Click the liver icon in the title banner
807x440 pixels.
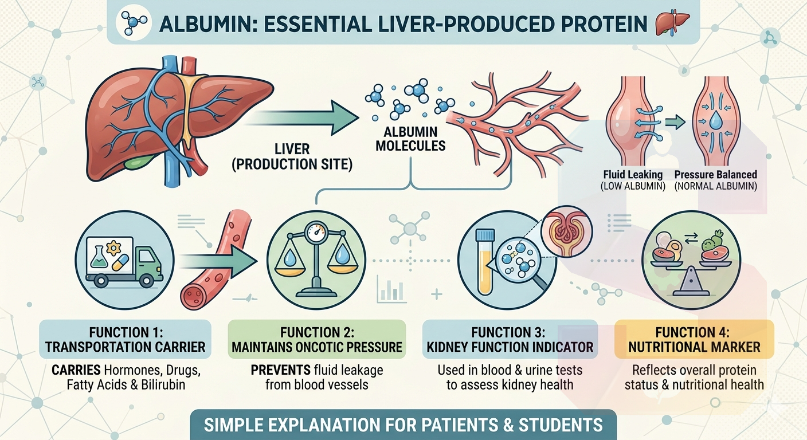(672, 23)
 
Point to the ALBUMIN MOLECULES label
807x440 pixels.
(410, 139)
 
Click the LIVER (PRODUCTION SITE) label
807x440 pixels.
(292, 156)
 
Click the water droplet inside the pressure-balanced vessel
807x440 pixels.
(715, 121)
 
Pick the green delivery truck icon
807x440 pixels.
(124, 262)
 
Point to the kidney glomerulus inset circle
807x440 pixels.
(567, 231)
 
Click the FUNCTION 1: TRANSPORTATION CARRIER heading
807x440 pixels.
(125, 340)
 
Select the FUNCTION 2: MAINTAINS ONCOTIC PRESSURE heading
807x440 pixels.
(317, 340)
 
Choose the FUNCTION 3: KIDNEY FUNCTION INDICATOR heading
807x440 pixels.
(510, 340)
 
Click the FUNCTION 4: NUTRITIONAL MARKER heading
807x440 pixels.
(694, 340)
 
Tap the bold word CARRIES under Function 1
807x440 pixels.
(76, 370)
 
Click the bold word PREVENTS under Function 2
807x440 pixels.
(281, 370)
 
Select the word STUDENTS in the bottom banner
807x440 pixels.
(560, 425)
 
